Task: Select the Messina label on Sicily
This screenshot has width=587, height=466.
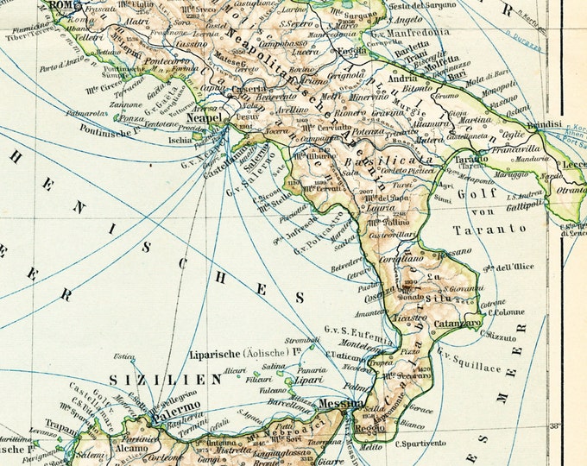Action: coord(340,403)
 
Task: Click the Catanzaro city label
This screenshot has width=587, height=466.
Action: coord(458,323)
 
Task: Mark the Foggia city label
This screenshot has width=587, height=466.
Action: coord(353,51)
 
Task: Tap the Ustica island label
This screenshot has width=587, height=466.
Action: coord(127,357)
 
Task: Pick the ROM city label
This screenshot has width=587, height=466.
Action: coord(62,5)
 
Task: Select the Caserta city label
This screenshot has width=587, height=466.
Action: coord(235,90)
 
